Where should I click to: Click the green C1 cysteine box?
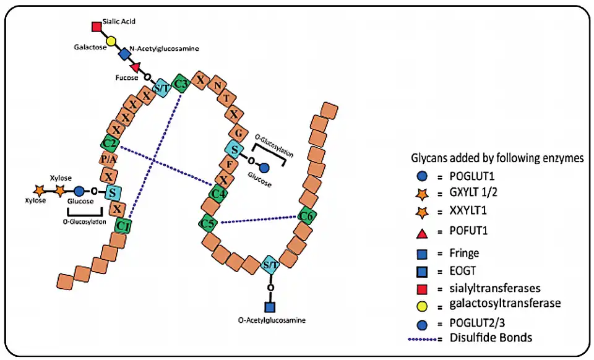point(123,225)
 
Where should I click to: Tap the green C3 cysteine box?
point(181,84)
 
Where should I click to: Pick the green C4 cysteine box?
point(217,194)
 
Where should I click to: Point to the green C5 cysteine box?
point(209,223)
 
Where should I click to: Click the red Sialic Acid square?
point(97,27)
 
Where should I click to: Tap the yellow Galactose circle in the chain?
point(111,41)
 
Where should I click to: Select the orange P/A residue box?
point(108,160)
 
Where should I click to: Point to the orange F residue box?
point(228,165)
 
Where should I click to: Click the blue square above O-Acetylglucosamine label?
point(269,306)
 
